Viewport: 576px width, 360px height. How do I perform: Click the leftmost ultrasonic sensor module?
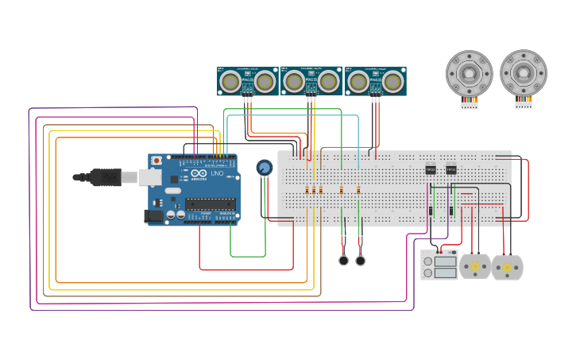[x=247, y=81]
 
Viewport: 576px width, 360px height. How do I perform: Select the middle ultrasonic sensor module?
[x=311, y=80]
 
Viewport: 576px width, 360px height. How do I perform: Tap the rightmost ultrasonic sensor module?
[x=376, y=81]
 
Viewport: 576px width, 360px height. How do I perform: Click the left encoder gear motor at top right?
[x=469, y=74]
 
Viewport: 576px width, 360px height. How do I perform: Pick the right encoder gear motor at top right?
[x=524, y=73]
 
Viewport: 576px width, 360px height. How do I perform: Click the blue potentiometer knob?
[x=265, y=168]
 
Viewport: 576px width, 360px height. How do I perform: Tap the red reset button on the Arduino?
[x=157, y=161]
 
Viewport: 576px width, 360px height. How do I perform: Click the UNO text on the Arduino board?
[x=217, y=173]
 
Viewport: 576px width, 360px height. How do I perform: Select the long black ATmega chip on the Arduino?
[x=210, y=203]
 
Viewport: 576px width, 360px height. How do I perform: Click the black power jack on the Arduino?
[x=153, y=215]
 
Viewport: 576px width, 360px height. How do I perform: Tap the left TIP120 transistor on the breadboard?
[x=431, y=169]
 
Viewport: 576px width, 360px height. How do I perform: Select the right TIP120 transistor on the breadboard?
[x=451, y=169]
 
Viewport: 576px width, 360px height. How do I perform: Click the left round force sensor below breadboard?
[x=343, y=261]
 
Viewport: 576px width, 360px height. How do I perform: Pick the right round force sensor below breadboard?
[x=361, y=261]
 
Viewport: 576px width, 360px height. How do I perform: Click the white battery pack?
[x=439, y=265]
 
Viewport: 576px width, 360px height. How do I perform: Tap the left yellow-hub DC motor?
[x=475, y=267]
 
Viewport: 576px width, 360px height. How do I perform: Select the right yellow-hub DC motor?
[x=507, y=268]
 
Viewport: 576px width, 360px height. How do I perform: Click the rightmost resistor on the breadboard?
[x=358, y=189]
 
